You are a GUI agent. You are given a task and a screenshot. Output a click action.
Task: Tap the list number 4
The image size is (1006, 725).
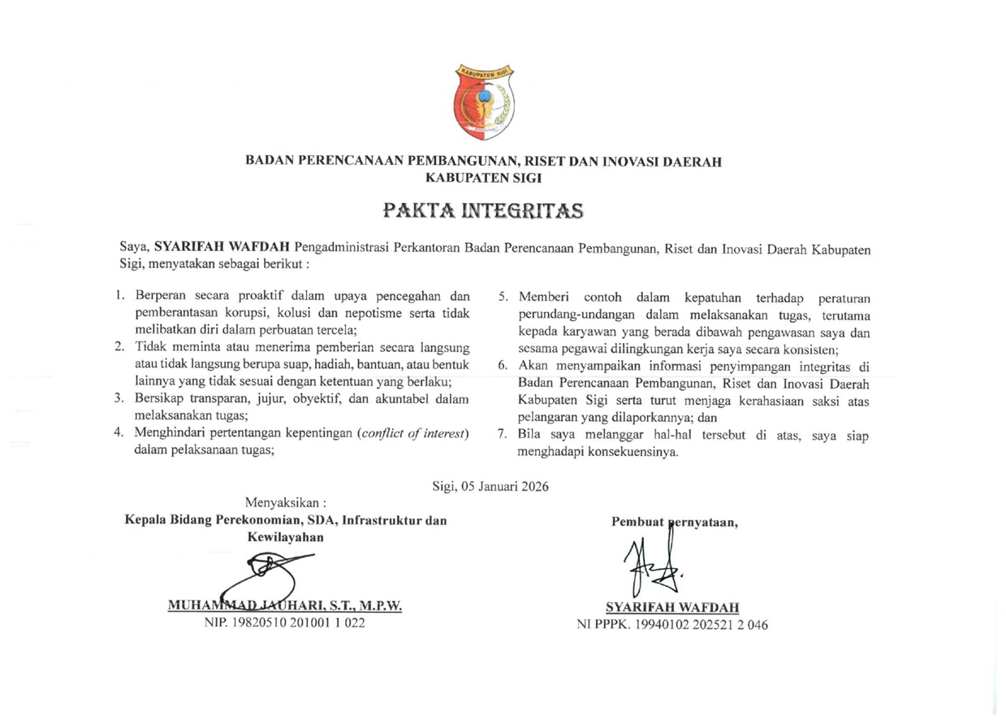tap(119, 433)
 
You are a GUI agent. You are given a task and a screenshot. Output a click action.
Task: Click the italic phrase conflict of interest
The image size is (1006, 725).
tap(412, 433)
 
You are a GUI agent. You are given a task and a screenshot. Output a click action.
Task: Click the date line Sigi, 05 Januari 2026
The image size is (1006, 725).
tap(490, 487)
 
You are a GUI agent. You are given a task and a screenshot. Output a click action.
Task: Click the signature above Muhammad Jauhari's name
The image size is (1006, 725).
tap(268, 579)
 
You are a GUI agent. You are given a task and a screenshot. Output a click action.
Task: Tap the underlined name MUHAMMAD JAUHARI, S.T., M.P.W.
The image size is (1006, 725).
tap(284, 606)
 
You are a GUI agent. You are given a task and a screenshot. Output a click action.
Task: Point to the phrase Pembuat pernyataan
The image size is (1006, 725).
tap(674, 523)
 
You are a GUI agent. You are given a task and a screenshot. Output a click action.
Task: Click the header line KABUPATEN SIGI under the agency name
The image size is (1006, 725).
tap(483, 177)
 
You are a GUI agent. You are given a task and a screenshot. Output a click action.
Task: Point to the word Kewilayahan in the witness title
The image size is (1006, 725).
tap(286, 537)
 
